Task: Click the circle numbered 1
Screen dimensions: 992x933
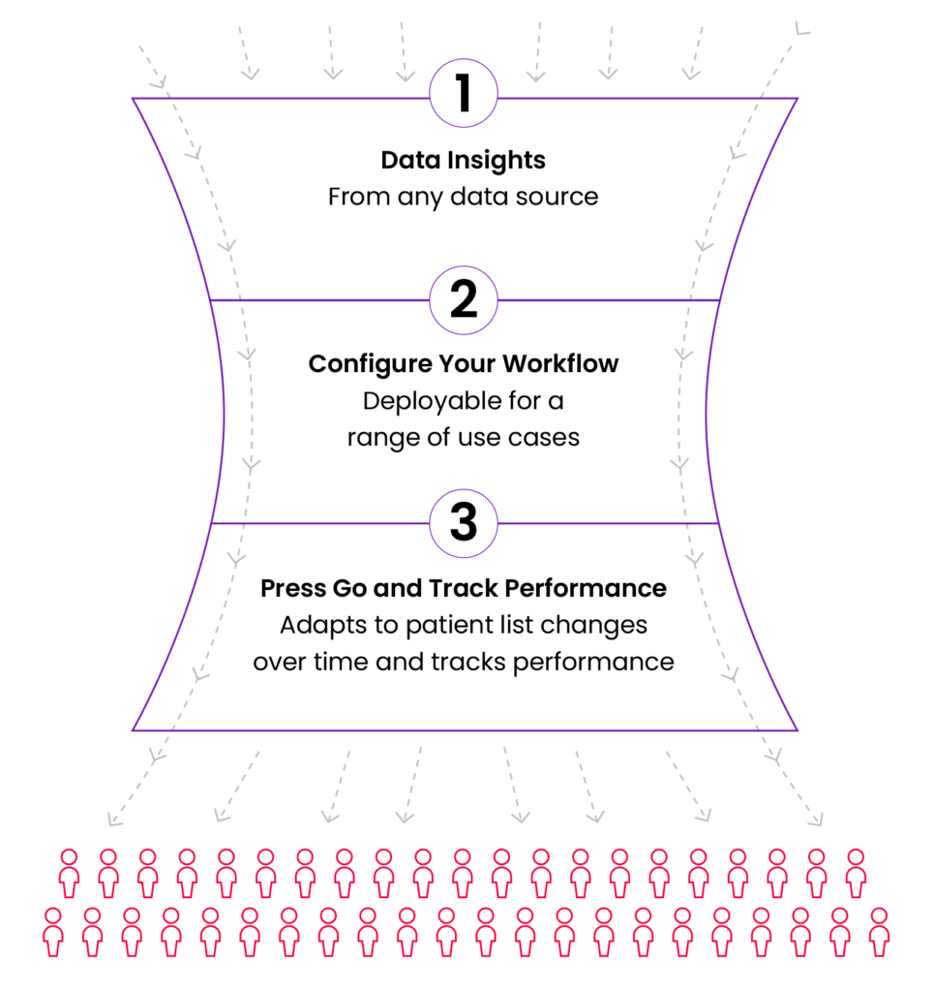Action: (x=464, y=94)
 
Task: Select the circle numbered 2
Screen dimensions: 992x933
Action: (x=464, y=300)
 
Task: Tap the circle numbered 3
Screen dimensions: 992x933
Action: (x=464, y=523)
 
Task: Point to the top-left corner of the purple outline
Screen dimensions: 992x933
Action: (x=134, y=99)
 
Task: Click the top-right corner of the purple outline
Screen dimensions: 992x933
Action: (x=798, y=99)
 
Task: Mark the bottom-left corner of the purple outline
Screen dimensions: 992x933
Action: (x=134, y=729)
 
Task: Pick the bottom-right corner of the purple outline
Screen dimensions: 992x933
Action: (x=798, y=729)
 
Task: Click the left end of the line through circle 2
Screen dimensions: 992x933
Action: (x=210, y=300)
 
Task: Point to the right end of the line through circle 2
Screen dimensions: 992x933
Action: (x=719, y=300)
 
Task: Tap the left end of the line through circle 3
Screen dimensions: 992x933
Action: (x=211, y=523)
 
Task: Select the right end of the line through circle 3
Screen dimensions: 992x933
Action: (x=718, y=523)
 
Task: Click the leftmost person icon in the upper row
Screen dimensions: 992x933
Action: (x=69, y=872)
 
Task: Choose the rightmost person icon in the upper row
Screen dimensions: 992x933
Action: (x=856, y=872)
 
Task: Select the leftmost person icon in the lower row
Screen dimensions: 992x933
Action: (x=53, y=931)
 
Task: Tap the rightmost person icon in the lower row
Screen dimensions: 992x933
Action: (x=879, y=931)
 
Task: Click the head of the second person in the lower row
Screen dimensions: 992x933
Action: (x=92, y=915)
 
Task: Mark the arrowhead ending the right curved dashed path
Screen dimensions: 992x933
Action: (x=817, y=821)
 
